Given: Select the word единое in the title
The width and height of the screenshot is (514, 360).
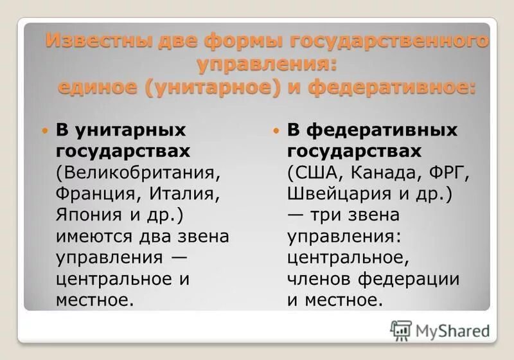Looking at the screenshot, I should [97, 86].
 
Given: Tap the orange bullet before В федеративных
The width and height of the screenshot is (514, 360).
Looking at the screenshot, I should [276, 130].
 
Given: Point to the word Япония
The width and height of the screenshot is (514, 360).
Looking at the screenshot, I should [87, 215].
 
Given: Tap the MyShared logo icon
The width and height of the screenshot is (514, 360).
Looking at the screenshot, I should [401, 330].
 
